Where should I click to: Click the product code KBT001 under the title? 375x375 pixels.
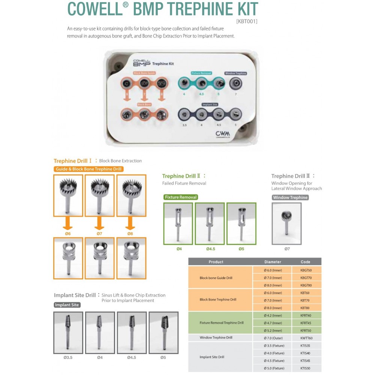point(246,21)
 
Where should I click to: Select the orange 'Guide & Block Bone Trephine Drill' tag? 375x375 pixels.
point(89,169)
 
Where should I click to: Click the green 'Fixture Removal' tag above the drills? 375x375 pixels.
point(180,197)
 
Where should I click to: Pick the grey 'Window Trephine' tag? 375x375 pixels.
point(290,198)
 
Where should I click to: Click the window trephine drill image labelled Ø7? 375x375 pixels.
point(287,223)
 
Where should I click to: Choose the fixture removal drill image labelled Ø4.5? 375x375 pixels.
point(210,223)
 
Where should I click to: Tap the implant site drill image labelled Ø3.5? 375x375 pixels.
point(68,332)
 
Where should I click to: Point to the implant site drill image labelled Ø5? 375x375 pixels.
point(163,332)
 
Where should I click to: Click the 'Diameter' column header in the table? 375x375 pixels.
point(273,262)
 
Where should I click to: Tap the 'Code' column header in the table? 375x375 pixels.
point(306,262)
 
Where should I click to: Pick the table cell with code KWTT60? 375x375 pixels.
point(306,338)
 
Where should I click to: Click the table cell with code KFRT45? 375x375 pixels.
point(306,323)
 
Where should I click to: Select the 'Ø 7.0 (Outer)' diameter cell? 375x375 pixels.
point(273,338)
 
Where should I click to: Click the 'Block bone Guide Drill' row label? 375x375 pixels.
point(216,278)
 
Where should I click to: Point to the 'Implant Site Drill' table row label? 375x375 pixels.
point(212,357)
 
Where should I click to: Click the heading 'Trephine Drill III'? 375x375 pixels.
point(293,176)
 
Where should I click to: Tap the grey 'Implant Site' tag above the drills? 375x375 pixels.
point(67,305)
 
